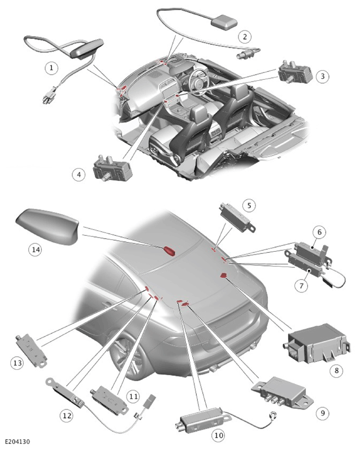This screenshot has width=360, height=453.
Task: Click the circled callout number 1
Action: (51, 68)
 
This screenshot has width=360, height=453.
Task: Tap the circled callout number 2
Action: (245, 37)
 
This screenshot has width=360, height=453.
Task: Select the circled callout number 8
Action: (336, 370)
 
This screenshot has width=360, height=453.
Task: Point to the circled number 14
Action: (36, 249)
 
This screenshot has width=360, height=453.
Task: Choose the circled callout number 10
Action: (218, 435)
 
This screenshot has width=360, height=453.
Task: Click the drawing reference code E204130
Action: (18, 442)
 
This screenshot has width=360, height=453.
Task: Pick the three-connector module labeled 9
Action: (283, 391)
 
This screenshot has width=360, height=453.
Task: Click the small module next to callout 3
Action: (295, 72)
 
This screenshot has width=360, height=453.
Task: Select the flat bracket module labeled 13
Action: (31, 350)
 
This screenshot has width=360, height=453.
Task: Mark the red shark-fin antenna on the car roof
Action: (170, 250)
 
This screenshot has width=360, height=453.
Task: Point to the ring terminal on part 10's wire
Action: (273, 416)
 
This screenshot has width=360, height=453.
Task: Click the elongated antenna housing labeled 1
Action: (86, 49)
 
